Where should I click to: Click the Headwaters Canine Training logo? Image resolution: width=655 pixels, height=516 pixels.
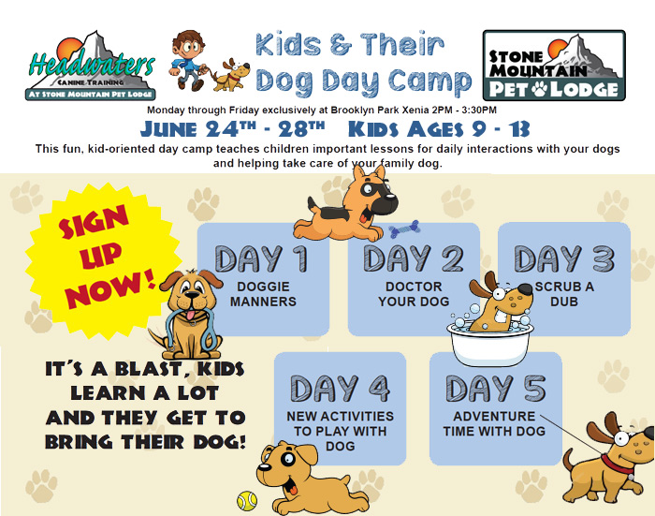point(91,66)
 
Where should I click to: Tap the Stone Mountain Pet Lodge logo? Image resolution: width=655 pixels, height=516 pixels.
point(554,66)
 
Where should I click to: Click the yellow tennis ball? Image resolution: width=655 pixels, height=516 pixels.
point(247,500)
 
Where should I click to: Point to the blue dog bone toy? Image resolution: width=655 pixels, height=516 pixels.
point(404,229)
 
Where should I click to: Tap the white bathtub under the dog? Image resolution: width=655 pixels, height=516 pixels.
point(489,343)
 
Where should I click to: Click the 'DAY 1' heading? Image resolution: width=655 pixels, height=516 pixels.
point(261,258)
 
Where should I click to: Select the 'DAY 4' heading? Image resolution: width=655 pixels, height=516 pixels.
point(340,389)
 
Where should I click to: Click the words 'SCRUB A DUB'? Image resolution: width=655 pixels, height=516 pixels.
point(564,294)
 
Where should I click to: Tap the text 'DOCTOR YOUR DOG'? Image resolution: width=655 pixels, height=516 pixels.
point(414,294)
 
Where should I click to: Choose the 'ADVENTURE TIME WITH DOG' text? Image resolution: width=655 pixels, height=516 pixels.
point(494,423)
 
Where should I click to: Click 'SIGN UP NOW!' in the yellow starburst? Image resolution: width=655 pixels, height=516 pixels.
point(104,257)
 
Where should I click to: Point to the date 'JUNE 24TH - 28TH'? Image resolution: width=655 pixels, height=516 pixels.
point(232,129)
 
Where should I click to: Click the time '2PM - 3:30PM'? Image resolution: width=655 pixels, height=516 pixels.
point(465,111)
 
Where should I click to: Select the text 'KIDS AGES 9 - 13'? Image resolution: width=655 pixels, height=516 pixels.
point(439,129)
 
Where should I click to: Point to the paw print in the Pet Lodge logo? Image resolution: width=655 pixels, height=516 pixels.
point(540,89)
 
